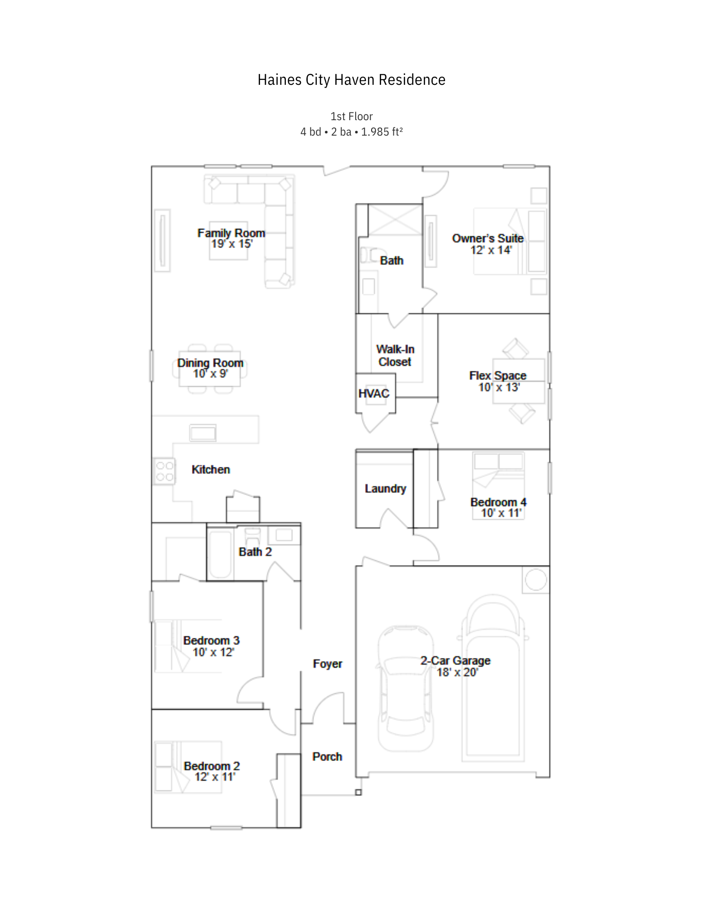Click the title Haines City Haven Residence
[x=351, y=80]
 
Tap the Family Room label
[x=231, y=233]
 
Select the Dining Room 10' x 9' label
[x=210, y=368]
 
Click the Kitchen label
[x=211, y=469]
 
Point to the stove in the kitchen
[x=164, y=471]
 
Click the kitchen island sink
[x=203, y=433]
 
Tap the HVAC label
[x=373, y=394]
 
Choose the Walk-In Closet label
[x=395, y=356]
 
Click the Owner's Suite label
[x=488, y=238]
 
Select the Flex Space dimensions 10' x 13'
[x=499, y=387]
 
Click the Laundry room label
[x=385, y=488]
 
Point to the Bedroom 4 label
[x=498, y=502]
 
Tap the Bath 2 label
[x=255, y=552]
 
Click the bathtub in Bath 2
[x=221, y=554]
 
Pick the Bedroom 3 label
[x=211, y=640]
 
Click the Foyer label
[x=327, y=664]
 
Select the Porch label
[x=327, y=756]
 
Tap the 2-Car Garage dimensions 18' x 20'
[x=457, y=672]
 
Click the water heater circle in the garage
[x=536, y=580]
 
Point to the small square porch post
[x=358, y=792]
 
